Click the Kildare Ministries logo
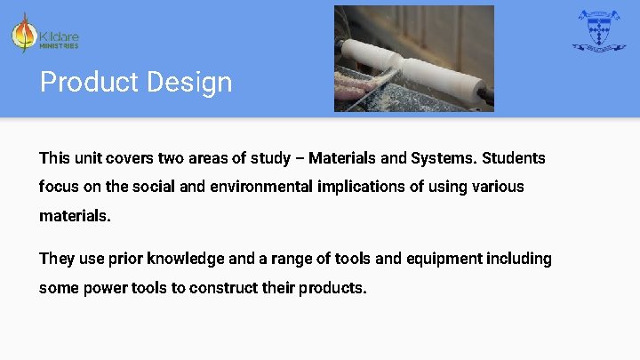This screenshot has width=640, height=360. coord(45,34)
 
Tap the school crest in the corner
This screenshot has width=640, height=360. coord(598,31)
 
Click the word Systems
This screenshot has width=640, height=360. coord(442,158)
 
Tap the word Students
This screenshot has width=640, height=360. coord(514,158)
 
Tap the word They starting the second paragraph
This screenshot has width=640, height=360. coord(57,259)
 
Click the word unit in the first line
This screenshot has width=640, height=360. coord(88,158)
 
